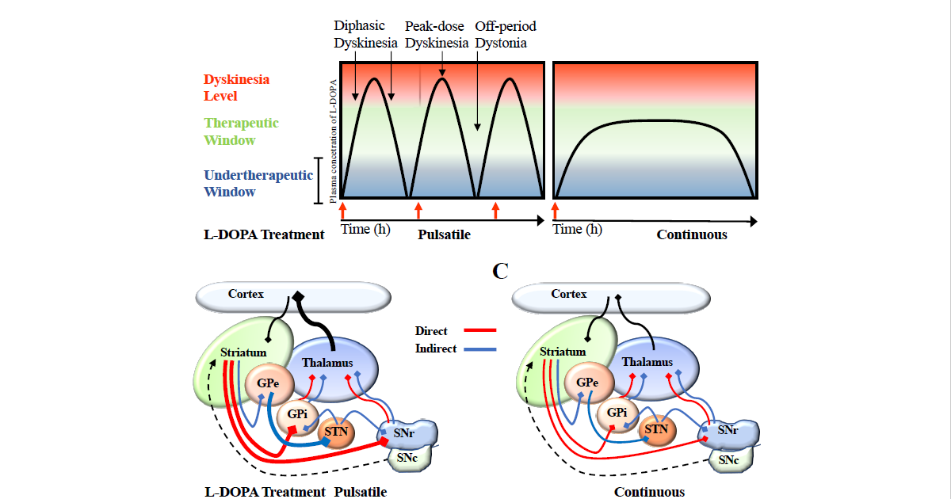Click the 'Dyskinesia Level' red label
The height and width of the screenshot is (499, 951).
[236, 88]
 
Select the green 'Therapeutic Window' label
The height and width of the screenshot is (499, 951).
[241, 131]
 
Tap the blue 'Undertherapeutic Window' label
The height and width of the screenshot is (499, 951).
[258, 184]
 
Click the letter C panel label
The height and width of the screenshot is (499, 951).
[500, 271]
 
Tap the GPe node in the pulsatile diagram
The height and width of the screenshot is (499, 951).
[265, 383]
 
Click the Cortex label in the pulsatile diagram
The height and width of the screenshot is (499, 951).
[246, 294]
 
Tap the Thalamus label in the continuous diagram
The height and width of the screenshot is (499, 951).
[647, 362]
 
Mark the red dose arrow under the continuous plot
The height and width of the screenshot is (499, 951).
[555, 210]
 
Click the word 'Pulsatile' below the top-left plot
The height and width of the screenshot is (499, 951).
[444, 234]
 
